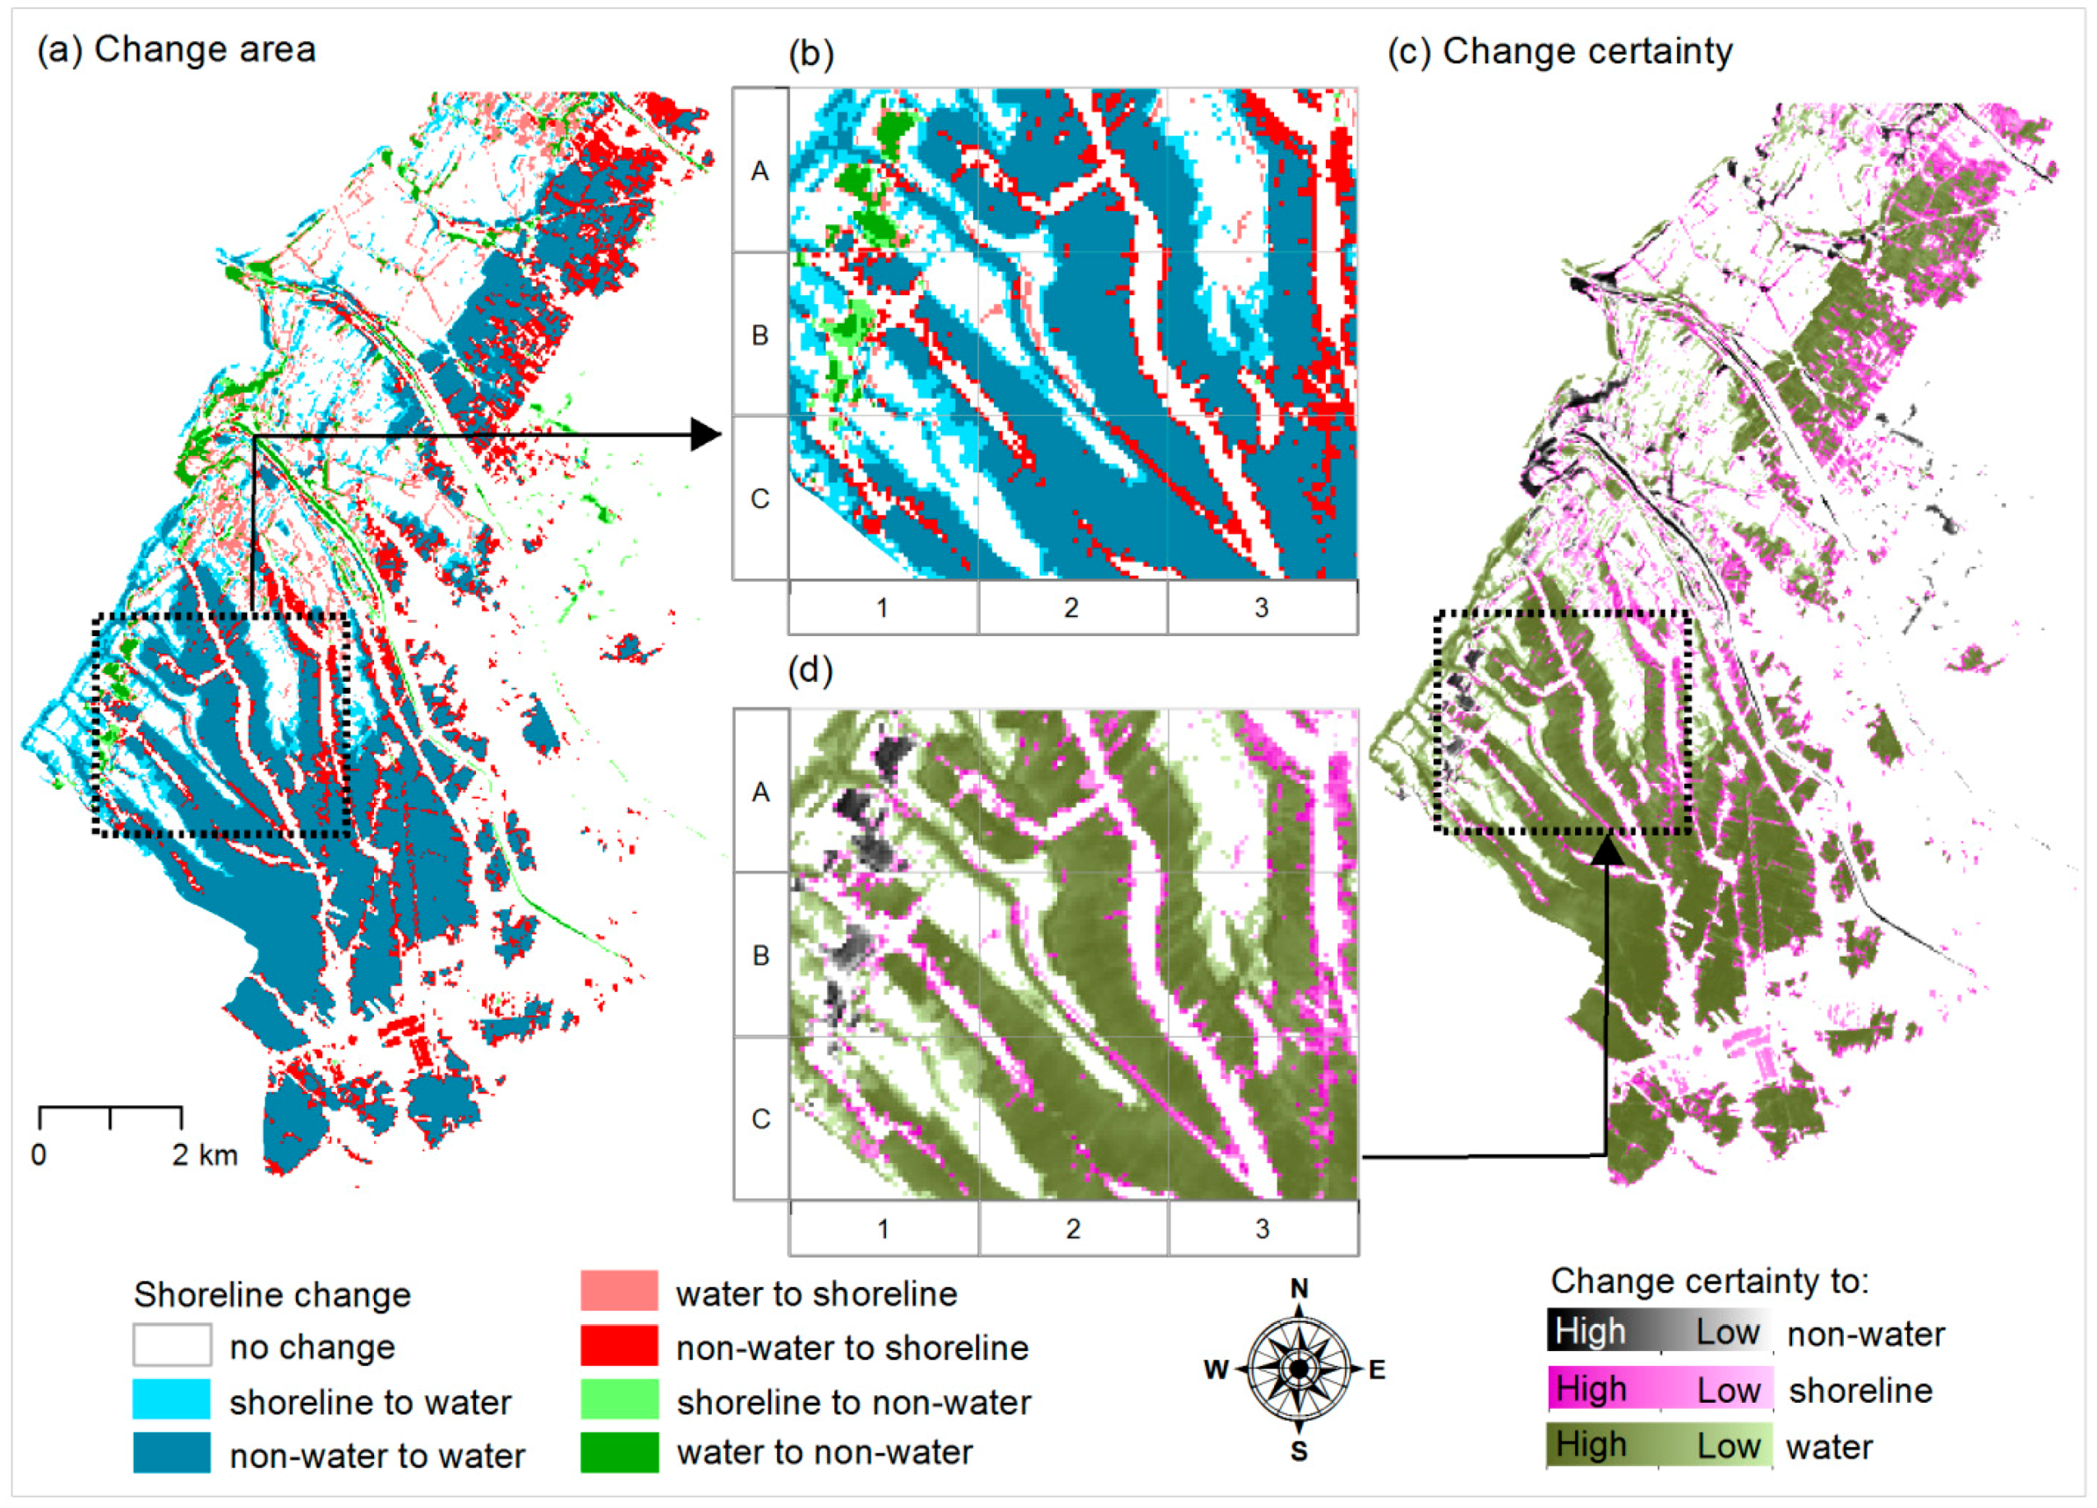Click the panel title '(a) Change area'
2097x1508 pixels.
176,50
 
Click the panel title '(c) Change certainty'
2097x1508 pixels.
1560,52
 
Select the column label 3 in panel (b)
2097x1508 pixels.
1261,608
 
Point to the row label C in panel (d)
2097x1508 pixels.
761,1118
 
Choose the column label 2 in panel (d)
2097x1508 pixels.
1073,1229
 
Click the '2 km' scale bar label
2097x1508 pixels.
205,1155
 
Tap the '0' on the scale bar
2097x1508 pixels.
39,1155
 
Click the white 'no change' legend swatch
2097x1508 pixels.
172,1345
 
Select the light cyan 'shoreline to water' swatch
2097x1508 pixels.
172,1399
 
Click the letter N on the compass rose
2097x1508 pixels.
1299,1288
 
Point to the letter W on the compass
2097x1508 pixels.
1216,1369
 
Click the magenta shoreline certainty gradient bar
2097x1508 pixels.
1660,1390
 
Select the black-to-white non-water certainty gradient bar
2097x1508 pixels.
1660,1331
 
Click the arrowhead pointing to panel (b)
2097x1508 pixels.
706,435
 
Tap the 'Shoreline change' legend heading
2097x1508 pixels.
272,1294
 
